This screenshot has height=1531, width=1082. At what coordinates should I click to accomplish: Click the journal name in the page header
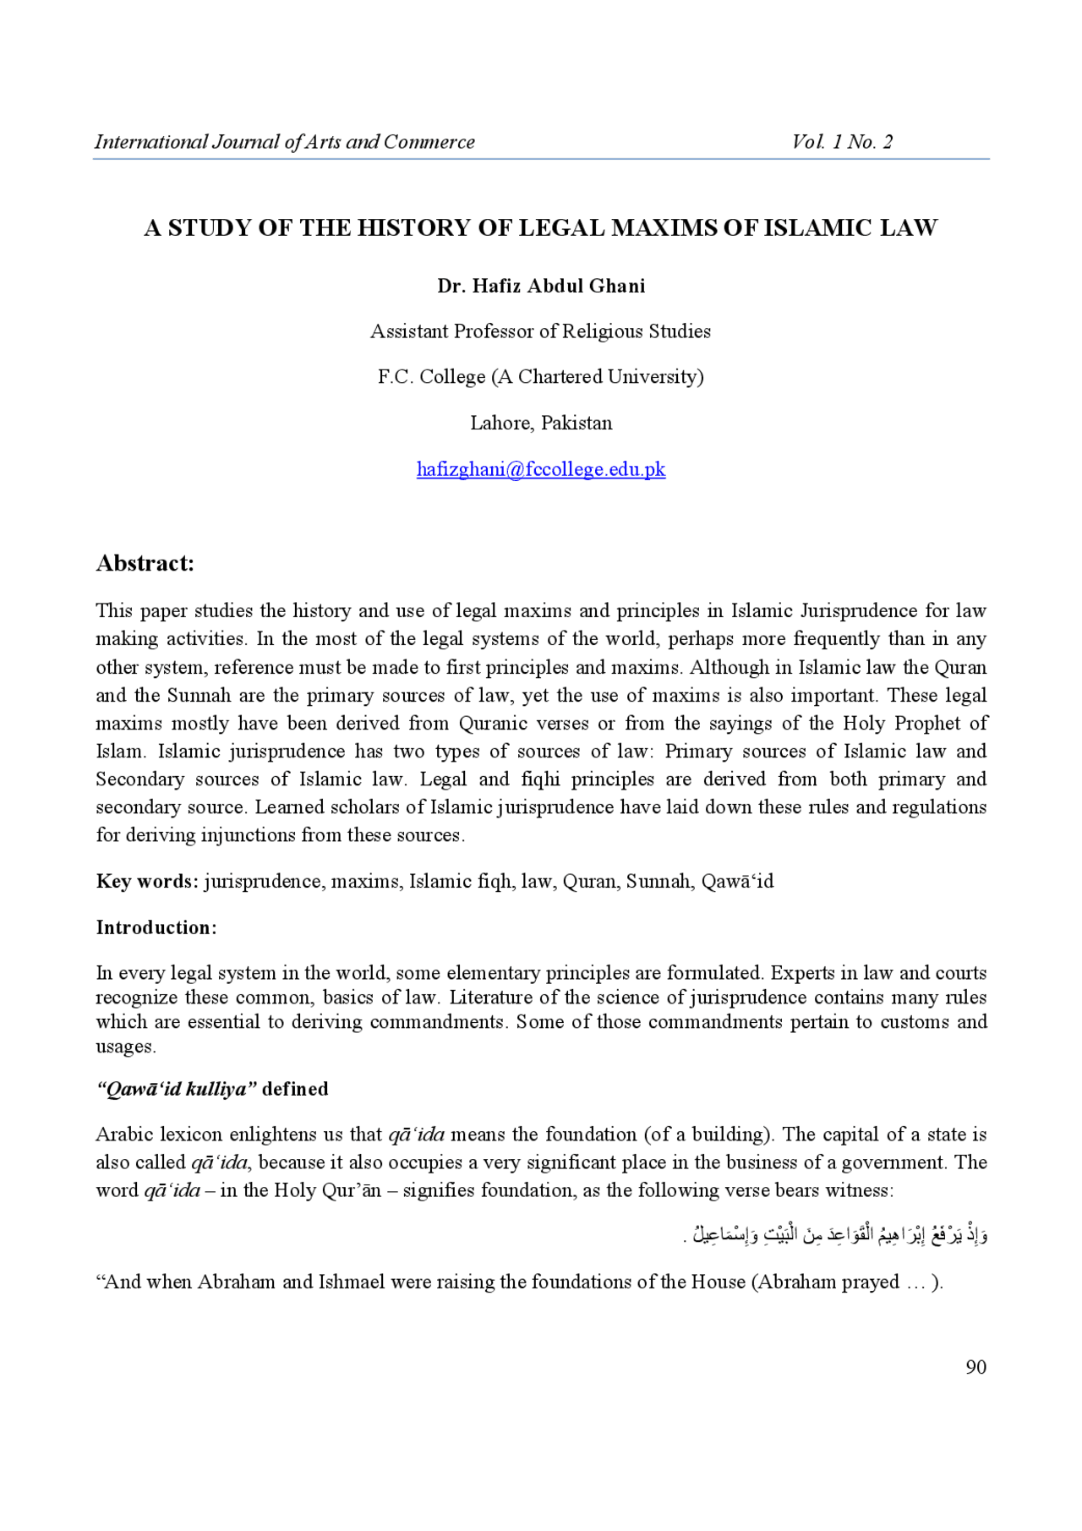[284, 142]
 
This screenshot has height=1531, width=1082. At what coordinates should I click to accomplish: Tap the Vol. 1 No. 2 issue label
[842, 142]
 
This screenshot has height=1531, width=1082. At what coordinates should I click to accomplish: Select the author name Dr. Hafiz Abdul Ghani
[541, 287]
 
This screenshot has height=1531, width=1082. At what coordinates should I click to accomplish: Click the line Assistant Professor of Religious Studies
[540, 331]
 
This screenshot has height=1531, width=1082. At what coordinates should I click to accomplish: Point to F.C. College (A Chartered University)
[540, 377]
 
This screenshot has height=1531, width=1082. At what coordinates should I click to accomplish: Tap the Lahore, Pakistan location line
[541, 423]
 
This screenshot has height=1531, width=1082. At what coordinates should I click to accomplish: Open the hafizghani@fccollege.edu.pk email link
[541, 469]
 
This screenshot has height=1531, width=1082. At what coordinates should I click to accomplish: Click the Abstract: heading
[145, 564]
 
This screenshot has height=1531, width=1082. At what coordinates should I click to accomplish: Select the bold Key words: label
[147, 882]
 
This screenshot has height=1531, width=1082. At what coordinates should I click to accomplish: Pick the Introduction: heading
[156, 928]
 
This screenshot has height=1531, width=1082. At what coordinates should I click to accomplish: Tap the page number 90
[975, 1367]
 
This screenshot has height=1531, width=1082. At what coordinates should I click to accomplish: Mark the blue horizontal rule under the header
[541, 159]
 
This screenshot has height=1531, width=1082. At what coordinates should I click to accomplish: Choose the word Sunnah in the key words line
[659, 882]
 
